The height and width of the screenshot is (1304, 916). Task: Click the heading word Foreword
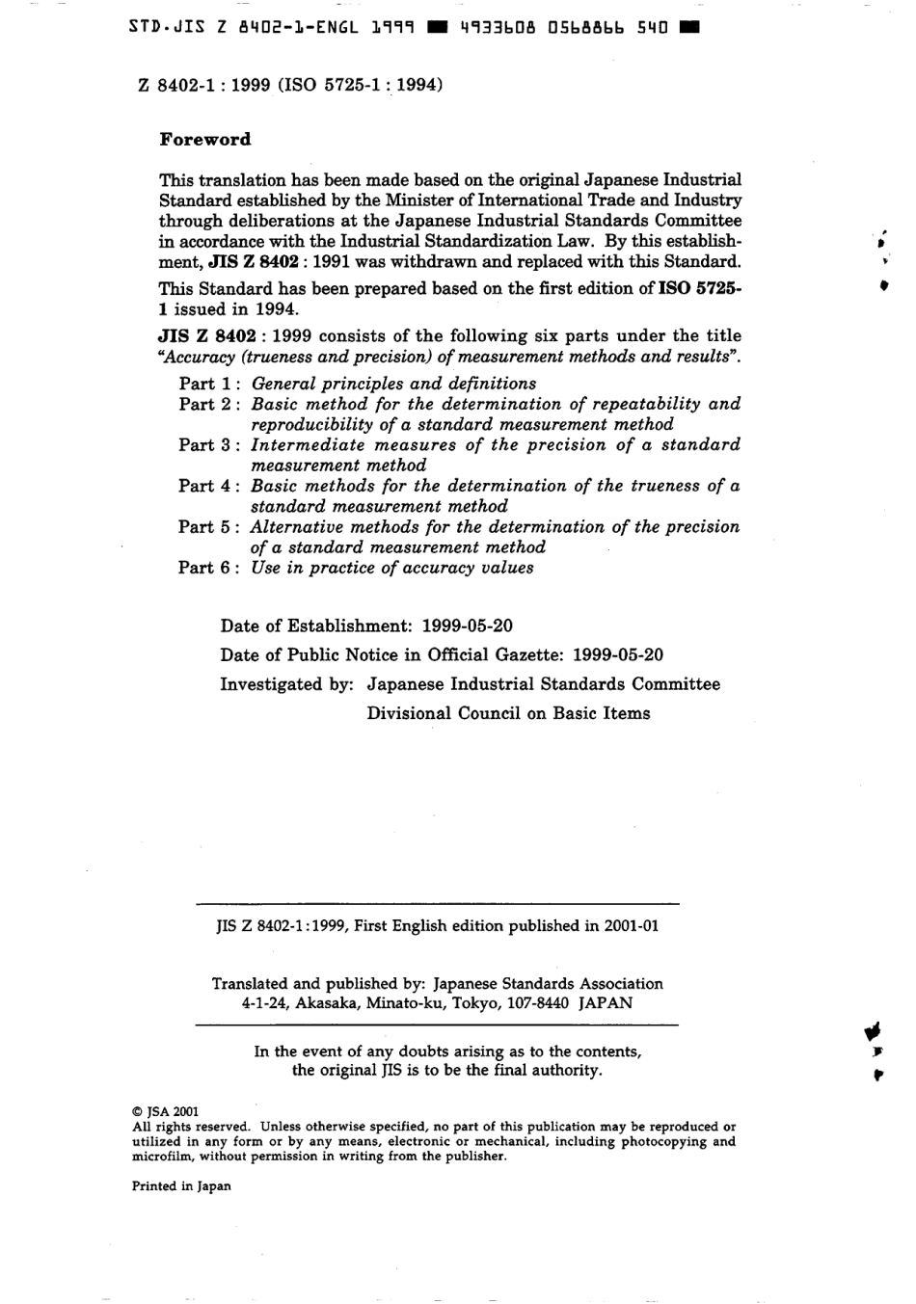204,140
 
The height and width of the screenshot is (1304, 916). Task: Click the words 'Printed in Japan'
181,1186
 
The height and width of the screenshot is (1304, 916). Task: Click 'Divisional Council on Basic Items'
508,714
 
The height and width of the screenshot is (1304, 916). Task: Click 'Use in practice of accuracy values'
391,568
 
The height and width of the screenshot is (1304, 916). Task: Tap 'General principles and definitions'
393,384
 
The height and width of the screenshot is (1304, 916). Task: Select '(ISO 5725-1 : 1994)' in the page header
361,85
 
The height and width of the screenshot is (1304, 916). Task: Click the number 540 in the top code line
654,28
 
